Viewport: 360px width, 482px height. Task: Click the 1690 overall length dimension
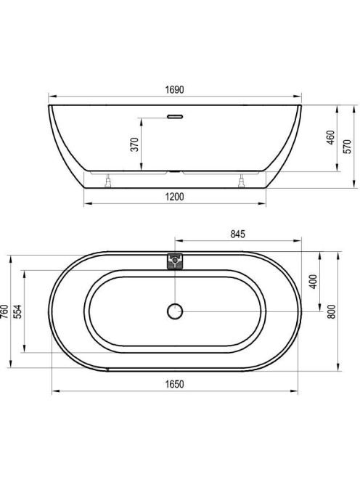coord(175,89)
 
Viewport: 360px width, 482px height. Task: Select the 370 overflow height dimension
coord(135,144)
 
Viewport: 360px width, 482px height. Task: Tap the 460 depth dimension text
coord(330,138)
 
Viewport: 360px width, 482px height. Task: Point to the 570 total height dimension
coord(347,147)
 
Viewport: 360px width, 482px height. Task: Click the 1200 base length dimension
coord(175,197)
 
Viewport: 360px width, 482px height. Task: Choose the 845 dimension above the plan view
coord(238,234)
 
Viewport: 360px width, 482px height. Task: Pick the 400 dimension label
coord(313,281)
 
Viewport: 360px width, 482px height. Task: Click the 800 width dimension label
coord(332,311)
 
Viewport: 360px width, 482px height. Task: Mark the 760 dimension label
coord(4,311)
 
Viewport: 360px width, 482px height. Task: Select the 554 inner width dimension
coord(18,311)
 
